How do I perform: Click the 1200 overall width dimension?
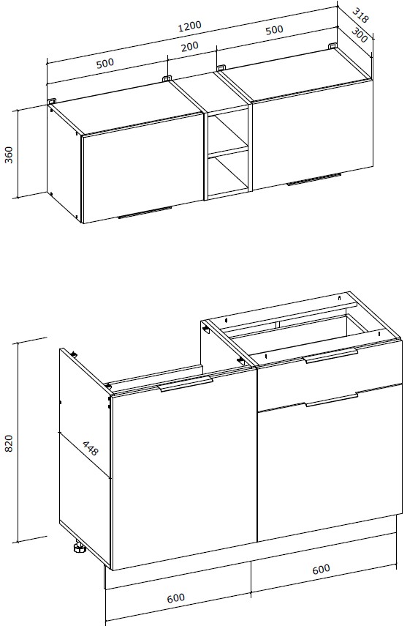click(x=190, y=26)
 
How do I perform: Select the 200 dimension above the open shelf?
click(x=189, y=47)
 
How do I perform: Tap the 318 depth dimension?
click(x=360, y=15)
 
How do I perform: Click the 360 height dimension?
click(x=9, y=154)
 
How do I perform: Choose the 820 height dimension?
click(x=9, y=443)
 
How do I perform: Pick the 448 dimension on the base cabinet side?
click(x=90, y=448)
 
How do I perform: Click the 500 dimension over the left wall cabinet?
click(x=105, y=63)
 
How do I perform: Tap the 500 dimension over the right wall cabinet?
click(x=275, y=30)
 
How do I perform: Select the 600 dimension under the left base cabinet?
click(x=175, y=598)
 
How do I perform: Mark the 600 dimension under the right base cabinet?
click(x=321, y=569)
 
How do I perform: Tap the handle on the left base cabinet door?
click(x=186, y=383)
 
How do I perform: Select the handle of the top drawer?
click(x=331, y=355)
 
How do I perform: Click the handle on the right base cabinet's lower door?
click(x=332, y=400)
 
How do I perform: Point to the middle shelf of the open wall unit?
click(x=228, y=152)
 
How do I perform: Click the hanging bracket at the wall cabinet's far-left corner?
click(x=52, y=102)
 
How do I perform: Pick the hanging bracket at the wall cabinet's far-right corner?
click(x=332, y=45)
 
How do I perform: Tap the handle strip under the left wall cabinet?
click(x=145, y=213)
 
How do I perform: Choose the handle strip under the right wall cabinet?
click(x=314, y=179)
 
